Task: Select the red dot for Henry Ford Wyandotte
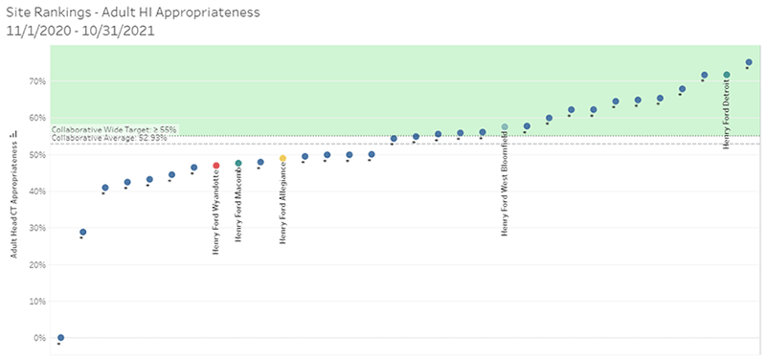[x=216, y=166]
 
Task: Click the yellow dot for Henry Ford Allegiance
[x=282, y=159]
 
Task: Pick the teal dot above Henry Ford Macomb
[x=238, y=164]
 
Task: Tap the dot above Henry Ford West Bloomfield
[x=505, y=126]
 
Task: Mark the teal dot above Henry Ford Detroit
[x=727, y=75]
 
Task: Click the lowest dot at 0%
[x=61, y=338]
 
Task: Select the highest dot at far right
[x=749, y=62]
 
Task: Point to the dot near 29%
[x=83, y=232]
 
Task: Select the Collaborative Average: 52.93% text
[x=109, y=138]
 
